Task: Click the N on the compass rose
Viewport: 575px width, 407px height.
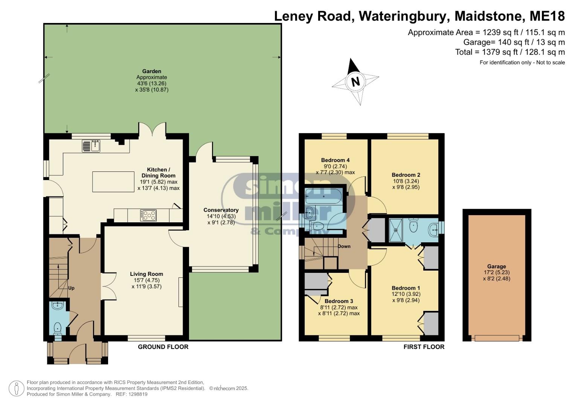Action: point(355,82)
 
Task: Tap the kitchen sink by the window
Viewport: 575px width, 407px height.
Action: point(91,146)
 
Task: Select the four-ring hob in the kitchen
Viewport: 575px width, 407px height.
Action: point(148,215)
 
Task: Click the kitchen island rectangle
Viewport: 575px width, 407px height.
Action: point(113,182)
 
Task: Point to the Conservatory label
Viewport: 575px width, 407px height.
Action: point(221,210)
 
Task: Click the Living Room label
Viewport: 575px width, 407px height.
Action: point(146,274)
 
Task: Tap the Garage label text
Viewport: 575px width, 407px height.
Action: point(496,266)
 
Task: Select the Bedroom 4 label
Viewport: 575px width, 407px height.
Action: point(335,160)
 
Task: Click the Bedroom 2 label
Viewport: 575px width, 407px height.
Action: point(406,175)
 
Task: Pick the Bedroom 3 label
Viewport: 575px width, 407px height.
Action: point(339,301)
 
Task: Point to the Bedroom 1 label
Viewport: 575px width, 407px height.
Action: point(406,288)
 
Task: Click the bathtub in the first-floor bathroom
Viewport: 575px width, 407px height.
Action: point(323,196)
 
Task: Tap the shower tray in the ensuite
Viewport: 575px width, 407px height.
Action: point(395,230)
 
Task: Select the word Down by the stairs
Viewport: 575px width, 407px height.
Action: point(344,246)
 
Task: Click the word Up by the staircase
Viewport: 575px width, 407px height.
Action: point(71,288)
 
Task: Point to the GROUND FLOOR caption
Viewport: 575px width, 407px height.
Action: point(163,347)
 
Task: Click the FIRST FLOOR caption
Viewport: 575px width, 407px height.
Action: point(424,347)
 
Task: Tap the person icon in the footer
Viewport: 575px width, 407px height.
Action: point(17,388)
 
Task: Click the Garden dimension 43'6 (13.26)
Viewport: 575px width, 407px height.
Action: point(151,84)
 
